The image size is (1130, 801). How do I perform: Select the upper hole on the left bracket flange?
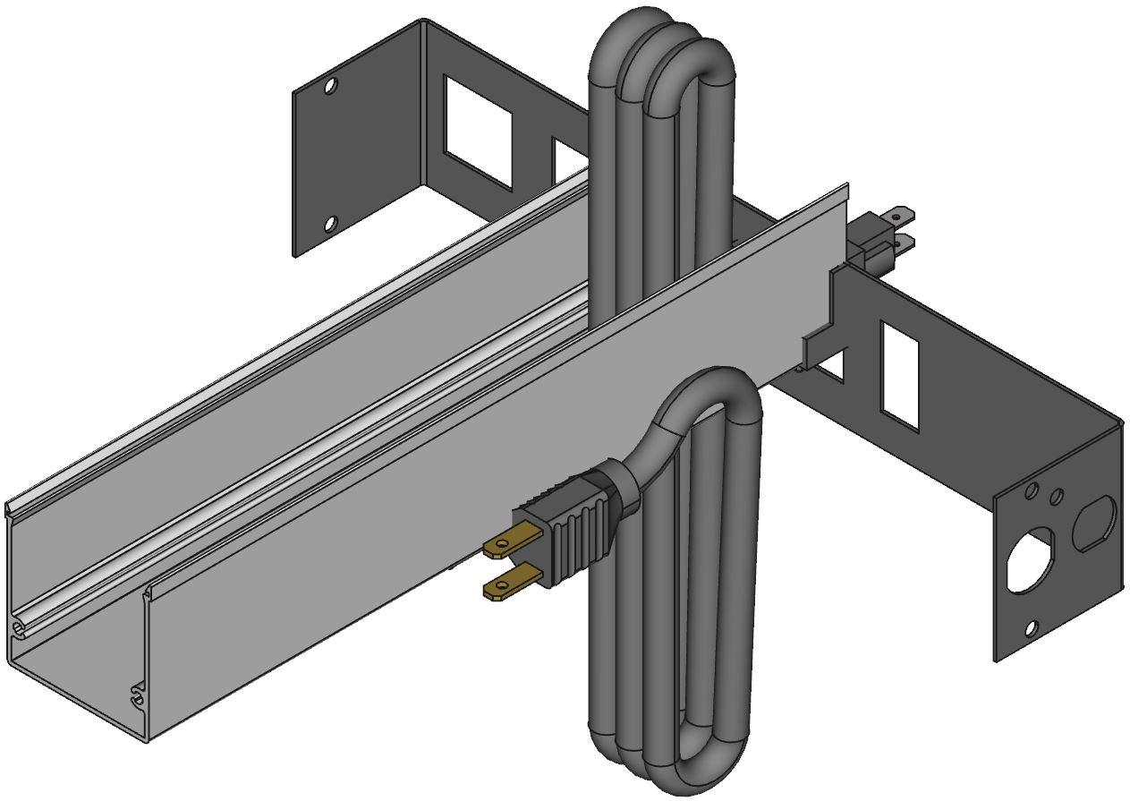(330, 87)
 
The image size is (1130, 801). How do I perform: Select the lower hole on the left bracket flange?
(329, 223)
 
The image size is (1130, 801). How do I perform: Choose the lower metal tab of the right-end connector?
(904, 242)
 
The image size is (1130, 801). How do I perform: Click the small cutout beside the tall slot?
(832, 367)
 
